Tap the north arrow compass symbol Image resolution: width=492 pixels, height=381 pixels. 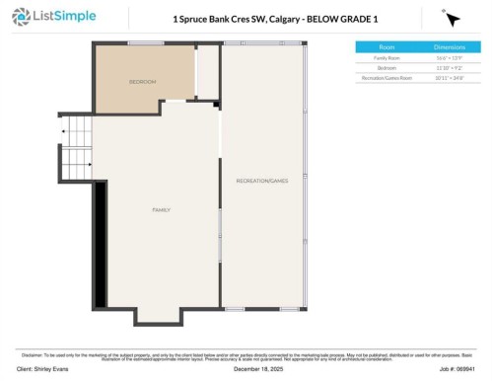451,19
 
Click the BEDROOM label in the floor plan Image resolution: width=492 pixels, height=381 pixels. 143,81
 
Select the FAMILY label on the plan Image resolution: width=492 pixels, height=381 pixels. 161,210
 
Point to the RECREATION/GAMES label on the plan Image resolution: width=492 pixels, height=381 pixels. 261,181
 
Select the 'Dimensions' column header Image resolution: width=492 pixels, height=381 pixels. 450,46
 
